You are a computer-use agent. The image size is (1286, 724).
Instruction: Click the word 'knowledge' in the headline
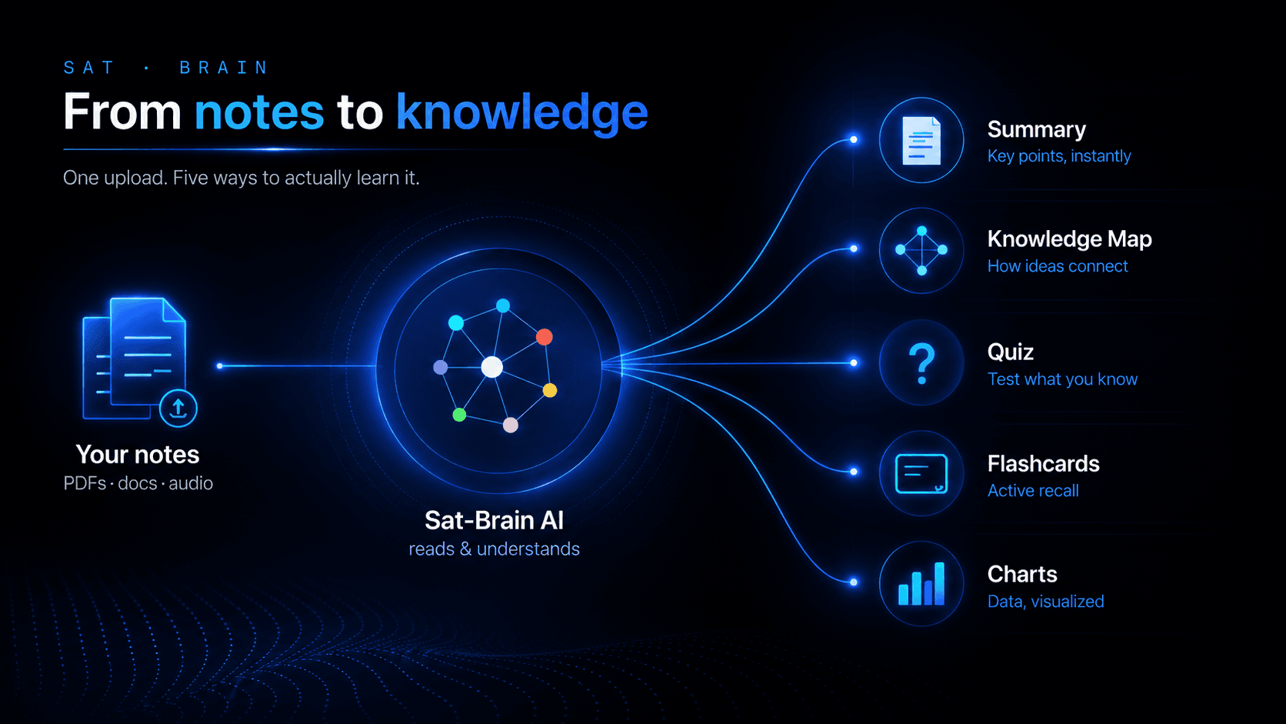522,113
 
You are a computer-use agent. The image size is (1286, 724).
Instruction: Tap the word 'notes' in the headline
259,112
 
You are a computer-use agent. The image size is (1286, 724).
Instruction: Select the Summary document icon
921,141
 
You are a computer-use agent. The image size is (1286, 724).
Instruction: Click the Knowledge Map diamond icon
921,250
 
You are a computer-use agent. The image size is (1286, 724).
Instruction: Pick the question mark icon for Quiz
922,363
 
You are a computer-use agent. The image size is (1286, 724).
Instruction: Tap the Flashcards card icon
921,474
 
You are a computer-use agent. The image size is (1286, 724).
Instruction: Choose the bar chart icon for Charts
921,583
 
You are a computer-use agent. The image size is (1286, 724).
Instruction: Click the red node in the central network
545,336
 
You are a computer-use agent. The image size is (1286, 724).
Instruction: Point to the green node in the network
459,415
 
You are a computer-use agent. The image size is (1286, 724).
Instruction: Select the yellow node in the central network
550,390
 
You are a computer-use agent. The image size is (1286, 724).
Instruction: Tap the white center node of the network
492,367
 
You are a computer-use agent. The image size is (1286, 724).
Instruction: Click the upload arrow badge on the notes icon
178,409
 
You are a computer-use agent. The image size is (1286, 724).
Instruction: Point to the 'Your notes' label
138,455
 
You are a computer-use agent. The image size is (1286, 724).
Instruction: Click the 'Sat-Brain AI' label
494,520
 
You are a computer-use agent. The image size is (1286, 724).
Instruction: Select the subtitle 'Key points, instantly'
1059,156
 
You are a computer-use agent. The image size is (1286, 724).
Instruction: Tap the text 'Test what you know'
1063,379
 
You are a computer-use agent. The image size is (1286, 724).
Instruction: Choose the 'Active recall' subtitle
1033,491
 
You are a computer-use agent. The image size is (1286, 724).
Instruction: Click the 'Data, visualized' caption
1045,602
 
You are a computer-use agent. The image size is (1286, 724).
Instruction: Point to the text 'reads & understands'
495,549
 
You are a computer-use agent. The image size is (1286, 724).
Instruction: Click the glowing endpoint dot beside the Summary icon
854,139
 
